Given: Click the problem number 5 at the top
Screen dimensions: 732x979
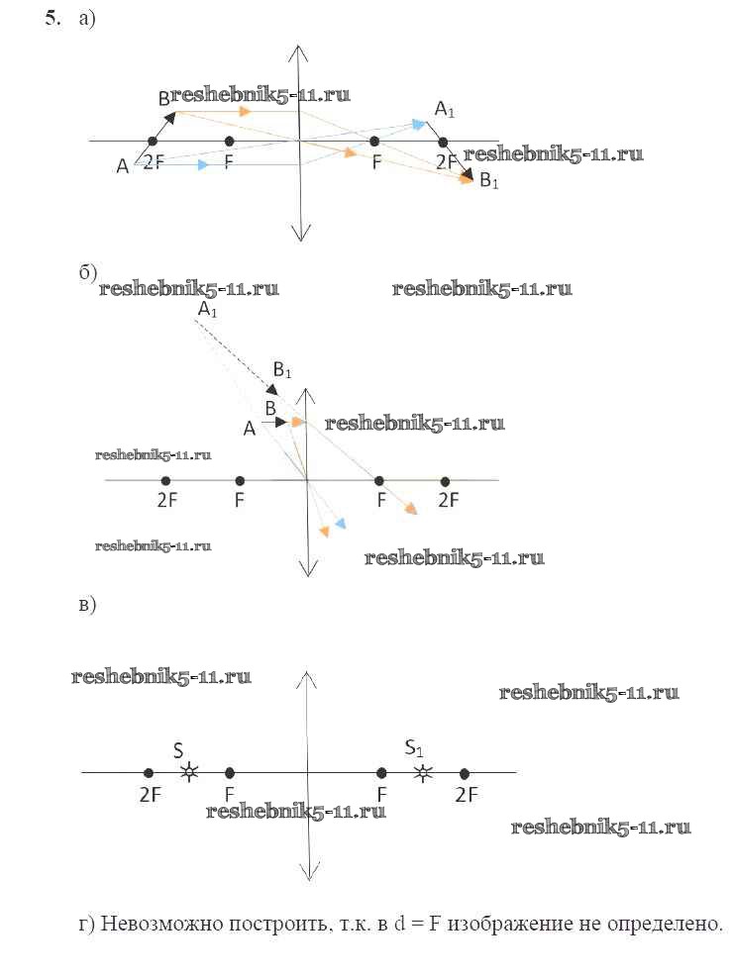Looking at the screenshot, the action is click(x=53, y=18).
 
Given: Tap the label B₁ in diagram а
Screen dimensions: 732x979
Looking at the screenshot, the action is click(x=489, y=181).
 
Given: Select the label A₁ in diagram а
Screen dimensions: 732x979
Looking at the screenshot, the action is click(x=445, y=109).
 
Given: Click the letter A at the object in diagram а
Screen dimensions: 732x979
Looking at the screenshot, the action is click(x=123, y=166).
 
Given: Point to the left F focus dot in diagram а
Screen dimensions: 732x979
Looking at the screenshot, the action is click(x=229, y=142).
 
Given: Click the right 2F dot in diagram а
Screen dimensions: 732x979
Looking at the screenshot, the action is click(x=443, y=143).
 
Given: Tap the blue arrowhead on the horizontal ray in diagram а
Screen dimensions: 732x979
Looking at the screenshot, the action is click(x=202, y=165).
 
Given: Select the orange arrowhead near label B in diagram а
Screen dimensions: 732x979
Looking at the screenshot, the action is click(x=246, y=112).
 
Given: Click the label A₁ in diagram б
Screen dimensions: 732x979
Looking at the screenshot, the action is click(x=207, y=309).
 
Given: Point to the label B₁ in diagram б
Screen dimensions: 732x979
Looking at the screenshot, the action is click(x=282, y=369).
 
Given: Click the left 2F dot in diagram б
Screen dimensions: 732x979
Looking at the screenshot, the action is click(x=165, y=481).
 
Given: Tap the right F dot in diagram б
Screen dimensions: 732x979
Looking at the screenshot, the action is click(x=379, y=481).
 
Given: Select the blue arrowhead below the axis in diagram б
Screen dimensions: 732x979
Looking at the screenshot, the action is click(x=340, y=523).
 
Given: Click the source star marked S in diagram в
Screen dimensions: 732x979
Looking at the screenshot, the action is click(x=189, y=773).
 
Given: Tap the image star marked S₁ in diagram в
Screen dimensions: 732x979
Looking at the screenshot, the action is click(x=424, y=773).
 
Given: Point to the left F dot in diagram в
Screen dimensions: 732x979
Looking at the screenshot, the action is click(x=229, y=773).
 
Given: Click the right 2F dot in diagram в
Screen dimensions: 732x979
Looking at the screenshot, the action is click(x=464, y=774).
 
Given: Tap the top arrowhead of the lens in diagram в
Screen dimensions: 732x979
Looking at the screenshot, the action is click(x=306, y=678).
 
